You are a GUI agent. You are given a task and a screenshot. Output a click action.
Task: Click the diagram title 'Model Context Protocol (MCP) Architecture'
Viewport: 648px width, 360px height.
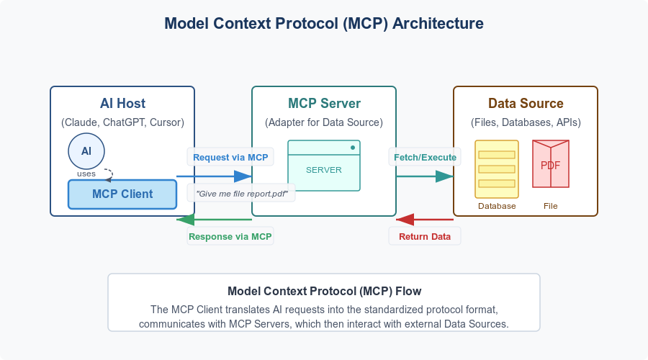coord(324,23)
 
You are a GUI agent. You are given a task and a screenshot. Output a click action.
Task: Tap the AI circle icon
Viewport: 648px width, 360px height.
coord(86,150)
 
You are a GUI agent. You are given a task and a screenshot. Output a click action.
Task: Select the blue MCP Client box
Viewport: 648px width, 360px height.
coord(122,194)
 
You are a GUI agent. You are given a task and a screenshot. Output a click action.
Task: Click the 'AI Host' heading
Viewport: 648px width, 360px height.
coord(122,104)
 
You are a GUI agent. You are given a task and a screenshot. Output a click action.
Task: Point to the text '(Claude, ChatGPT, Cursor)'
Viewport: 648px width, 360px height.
coord(122,122)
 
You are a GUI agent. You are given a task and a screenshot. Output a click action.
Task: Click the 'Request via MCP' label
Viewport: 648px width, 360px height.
coord(230,157)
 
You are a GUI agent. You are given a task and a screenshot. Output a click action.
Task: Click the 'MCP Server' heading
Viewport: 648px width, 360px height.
coord(324,104)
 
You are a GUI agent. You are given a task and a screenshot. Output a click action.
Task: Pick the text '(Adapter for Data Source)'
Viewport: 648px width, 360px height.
coord(324,122)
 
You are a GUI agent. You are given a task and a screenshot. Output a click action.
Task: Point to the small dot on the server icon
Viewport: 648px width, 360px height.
coord(352,148)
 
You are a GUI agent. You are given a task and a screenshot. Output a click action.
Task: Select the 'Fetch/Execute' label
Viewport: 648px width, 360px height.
coord(425,157)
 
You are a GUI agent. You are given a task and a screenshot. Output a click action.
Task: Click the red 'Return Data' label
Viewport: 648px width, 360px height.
coord(425,236)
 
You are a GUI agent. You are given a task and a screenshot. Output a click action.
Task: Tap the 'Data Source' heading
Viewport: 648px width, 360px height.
coord(526,104)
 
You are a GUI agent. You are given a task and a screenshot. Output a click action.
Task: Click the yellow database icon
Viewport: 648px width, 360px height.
coord(497,168)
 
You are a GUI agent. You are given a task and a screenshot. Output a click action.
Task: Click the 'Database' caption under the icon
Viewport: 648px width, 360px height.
coord(497,206)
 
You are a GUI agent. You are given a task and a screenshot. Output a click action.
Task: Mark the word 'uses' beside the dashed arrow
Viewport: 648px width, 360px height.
coord(86,174)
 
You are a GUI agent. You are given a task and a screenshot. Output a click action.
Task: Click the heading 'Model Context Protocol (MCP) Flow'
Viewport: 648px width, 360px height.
coord(324,291)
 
